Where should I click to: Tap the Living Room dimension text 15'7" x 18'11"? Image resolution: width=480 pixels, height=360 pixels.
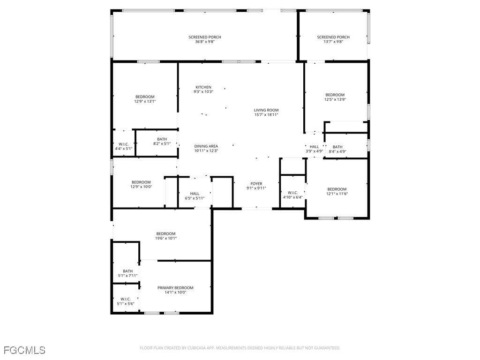[266, 115]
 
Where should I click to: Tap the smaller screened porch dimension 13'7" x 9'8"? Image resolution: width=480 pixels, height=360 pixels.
[333, 42]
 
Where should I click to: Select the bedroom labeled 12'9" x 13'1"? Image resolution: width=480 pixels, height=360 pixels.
[145, 99]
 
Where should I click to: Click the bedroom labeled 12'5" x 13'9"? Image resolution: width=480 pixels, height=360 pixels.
[335, 97]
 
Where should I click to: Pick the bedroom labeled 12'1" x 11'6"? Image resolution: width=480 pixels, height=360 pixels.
[337, 191]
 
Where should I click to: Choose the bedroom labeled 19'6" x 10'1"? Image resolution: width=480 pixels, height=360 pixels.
[166, 236]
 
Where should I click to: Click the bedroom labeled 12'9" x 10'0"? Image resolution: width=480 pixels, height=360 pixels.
[141, 184]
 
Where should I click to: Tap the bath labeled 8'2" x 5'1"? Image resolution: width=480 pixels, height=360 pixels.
[162, 141]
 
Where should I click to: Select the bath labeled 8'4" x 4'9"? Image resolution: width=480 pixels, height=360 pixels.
[337, 149]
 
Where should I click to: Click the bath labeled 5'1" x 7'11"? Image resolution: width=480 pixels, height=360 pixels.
[127, 273]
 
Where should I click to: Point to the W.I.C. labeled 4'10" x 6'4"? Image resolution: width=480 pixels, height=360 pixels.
[293, 195]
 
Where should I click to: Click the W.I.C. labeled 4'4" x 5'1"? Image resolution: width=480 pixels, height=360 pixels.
[124, 146]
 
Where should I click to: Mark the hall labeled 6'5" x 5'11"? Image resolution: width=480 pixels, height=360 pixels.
[195, 195]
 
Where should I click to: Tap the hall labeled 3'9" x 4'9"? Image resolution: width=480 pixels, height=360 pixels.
[314, 149]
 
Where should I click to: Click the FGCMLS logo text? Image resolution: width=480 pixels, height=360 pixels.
[24, 350]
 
